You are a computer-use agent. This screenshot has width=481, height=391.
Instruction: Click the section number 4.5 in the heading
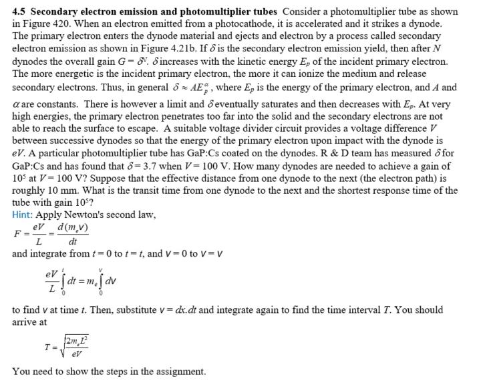[x=20, y=11]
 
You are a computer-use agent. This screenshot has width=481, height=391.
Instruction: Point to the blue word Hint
[x=23, y=215]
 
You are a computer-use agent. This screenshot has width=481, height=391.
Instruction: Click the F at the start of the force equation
[x=17, y=234]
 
